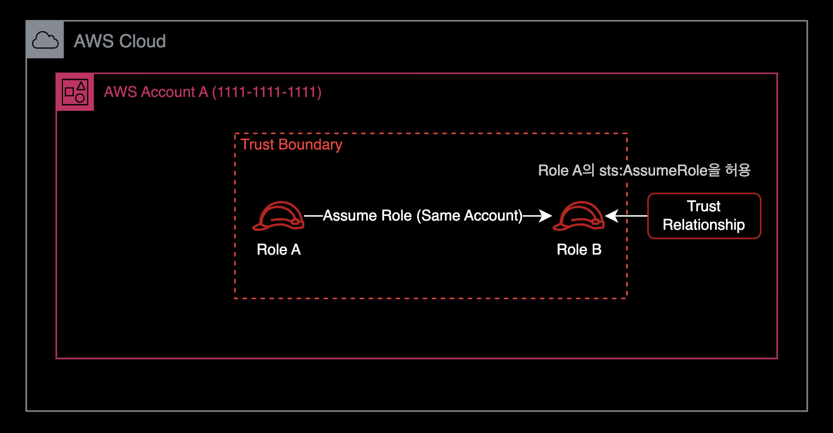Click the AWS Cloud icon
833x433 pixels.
(45, 40)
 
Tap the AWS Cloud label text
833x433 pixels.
(120, 41)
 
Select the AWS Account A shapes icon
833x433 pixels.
(75, 92)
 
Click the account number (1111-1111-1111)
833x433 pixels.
(267, 92)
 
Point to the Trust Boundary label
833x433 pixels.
(291, 144)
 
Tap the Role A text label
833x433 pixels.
(278, 249)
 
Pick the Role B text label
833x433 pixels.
(579, 249)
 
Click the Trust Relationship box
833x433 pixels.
(704, 216)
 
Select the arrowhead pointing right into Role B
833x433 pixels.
(545, 216)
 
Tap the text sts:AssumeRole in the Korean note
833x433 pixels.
(653, 170)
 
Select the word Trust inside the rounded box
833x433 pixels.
(704, 207)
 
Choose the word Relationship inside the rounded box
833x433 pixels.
(704, 225)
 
